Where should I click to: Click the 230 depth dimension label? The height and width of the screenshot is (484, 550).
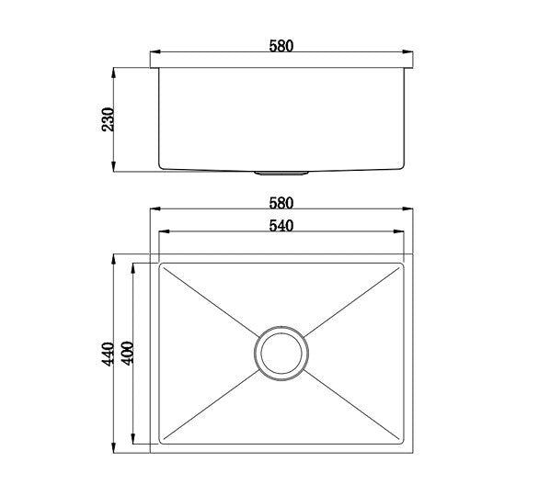pos(107,119)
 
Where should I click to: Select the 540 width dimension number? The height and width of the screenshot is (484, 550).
pos(281,226)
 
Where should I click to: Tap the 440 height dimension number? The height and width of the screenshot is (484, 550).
pos(107,354)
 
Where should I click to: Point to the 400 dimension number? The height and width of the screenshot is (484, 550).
pos(127,354)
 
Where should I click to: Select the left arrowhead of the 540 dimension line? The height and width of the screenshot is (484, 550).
pos(163,233)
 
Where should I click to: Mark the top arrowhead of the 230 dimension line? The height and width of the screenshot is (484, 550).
pos(113,70)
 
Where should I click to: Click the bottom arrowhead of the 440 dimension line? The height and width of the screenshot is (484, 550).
pos(114,450)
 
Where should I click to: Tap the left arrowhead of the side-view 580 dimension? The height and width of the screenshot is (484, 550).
pos(153,54)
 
